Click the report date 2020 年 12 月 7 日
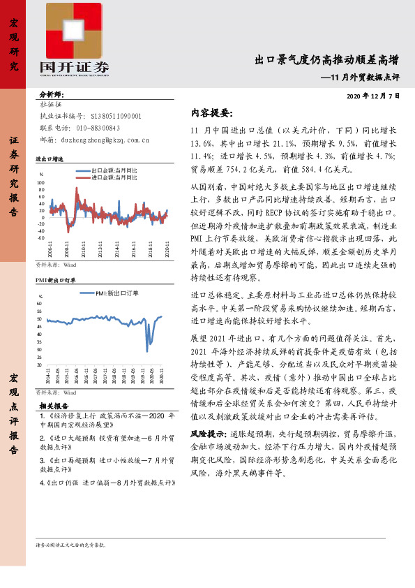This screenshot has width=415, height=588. click(x=373, y=96)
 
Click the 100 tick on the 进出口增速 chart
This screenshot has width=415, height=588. click(x=41, y=183)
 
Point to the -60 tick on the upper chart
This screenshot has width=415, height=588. click(x=41, y=237)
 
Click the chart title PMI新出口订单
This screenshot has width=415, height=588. click(x=56, y=279)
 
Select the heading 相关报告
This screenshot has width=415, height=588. click(x=54, y=404)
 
